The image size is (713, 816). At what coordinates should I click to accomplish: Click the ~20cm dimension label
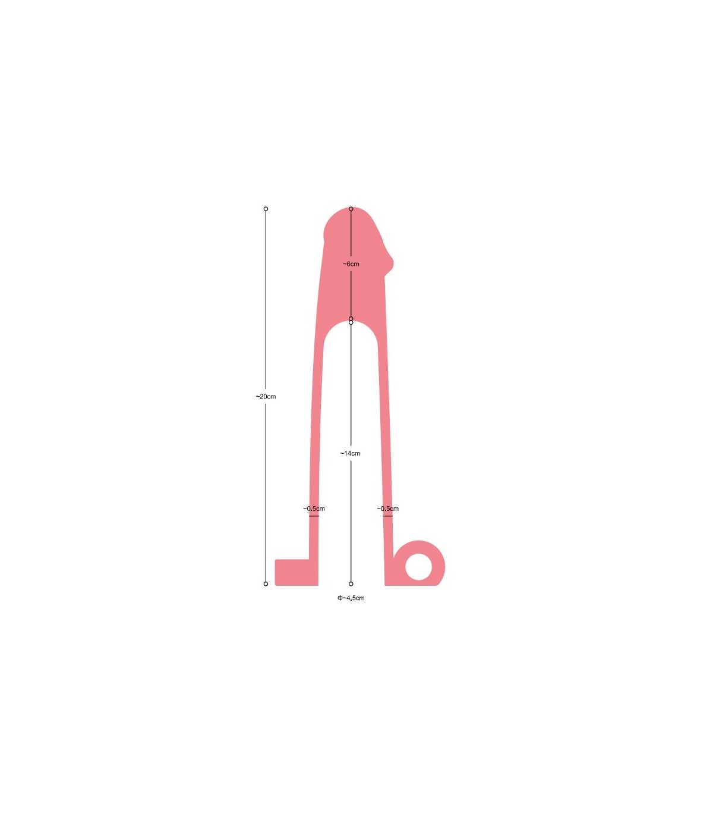click(x=266, y=397)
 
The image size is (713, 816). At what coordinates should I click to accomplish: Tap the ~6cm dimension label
click(x=351, y=263)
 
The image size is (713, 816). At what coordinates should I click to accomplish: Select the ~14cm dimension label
click(x=350, y=453)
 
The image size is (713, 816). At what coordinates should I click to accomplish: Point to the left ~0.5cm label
click(x=314, y=509)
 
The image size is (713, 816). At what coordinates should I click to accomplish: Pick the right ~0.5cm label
click(x=388, y=509)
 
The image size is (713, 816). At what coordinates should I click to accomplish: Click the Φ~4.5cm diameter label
click(x=351, y=598)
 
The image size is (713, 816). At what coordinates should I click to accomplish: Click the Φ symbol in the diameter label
click(x=340, y=598)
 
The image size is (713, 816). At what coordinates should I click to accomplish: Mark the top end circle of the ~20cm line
click(x=266, y=209)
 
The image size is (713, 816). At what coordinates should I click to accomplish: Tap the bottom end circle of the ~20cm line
click(x=266, y=584)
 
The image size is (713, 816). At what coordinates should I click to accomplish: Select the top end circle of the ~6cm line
click(x=351, y=209)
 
